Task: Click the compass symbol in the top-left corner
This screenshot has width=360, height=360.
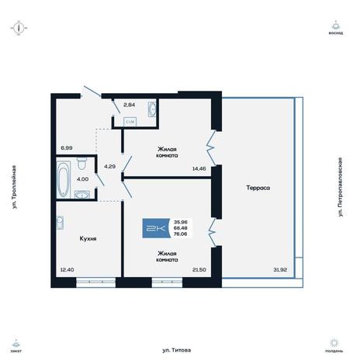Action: click(19, 28)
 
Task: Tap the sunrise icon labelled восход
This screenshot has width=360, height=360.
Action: click(336, 25)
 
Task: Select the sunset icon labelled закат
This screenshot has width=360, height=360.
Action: click(16, 344)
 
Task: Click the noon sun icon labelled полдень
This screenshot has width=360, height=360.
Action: click(334, 343)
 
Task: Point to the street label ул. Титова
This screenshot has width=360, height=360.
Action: click(177, 350)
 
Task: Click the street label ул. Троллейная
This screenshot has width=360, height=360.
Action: click(14, 187)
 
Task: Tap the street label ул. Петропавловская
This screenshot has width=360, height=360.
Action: click(341, 187)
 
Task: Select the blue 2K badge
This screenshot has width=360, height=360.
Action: click(156, 228)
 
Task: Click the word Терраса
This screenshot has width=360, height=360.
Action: click(258, 188)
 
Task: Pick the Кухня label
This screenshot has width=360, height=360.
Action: click(88, 238)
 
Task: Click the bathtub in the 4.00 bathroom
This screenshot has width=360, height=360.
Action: click(64, 179)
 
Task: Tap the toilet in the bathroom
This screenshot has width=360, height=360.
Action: click(82, 163)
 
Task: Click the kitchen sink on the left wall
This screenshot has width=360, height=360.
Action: click(60, 223)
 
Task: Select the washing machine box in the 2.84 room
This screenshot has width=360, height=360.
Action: click(130, 122)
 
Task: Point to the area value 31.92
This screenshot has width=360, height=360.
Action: click(280, 269)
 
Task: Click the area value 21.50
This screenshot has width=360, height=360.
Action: click(199, 269)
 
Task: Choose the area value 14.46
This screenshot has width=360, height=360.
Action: click(199, 168)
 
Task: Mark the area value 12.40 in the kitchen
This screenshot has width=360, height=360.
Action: click(67, 269)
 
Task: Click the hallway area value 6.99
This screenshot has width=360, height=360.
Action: click(67, 148)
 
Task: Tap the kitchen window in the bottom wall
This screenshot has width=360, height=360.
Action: click(95, 282)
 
